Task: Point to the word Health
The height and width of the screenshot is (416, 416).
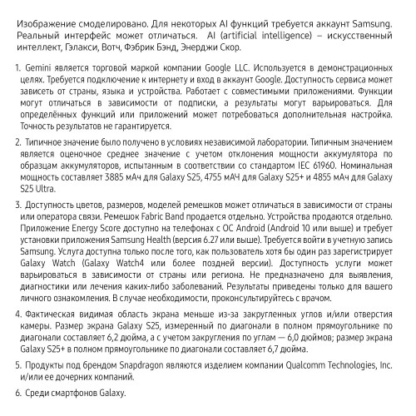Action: pos(171,240)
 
